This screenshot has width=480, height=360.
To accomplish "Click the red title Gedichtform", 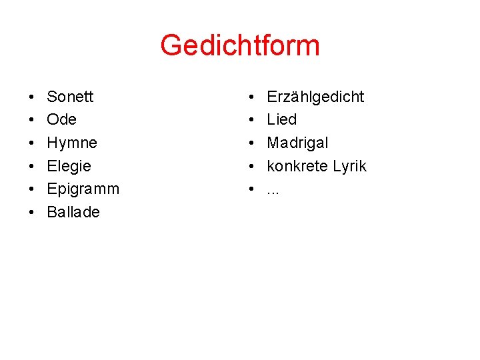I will [x=240, y=46].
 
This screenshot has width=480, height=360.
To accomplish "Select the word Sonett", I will [x=70, y=97].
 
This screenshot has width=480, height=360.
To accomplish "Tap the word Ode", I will [x=61, y=120].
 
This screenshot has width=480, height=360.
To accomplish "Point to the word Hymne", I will [x=72, y=143].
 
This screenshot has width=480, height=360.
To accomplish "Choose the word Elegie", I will [x=69, y=166].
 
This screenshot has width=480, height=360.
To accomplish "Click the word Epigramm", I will [x=83, y=189].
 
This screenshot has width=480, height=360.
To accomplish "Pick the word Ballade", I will [x=73, y=212].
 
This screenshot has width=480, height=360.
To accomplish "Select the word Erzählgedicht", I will [x=315, y=97].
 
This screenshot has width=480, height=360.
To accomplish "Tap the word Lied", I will [x=281, y=120].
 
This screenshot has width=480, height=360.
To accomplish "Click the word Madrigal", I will [x=297, y=143].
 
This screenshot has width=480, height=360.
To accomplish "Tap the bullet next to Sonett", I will [x=31, y=97].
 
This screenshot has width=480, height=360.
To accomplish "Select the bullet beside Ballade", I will [x=31, y=213].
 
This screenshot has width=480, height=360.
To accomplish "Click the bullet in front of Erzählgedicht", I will [x=251, y=97].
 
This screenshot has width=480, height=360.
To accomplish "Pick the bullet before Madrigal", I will [x=251, y=143].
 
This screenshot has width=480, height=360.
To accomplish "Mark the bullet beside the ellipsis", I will [x=251, y=189].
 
